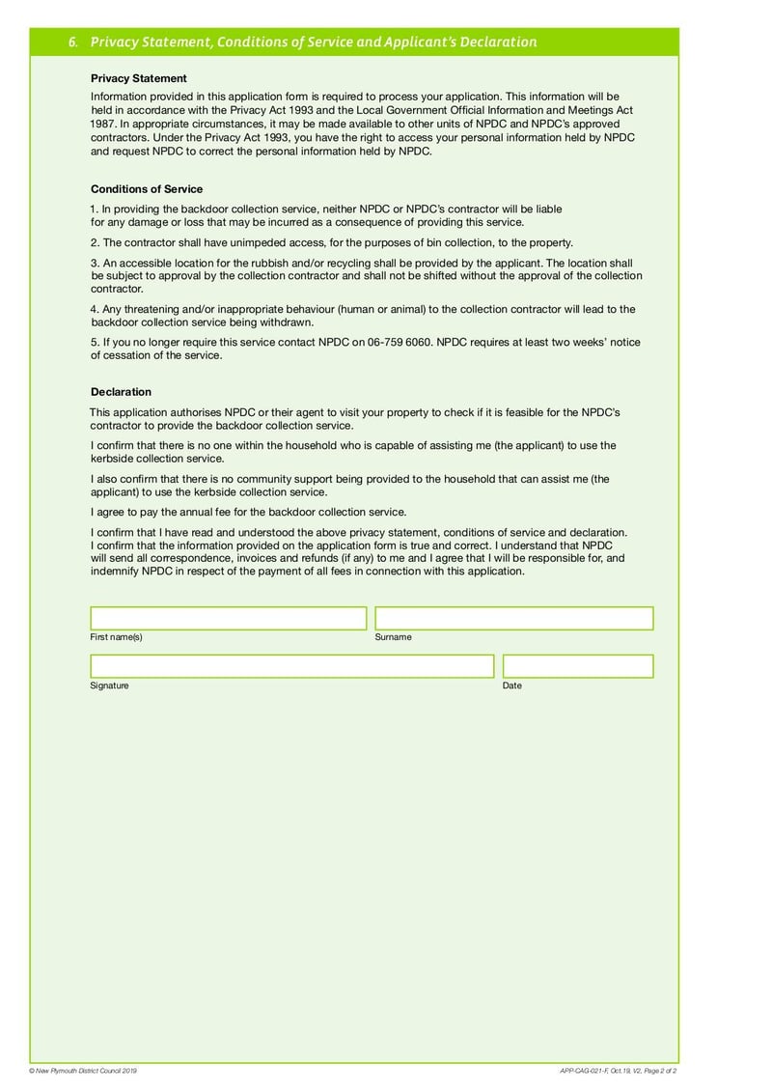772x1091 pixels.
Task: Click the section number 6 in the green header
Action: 73,42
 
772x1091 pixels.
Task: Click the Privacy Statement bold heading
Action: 139,78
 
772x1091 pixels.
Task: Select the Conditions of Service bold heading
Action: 147,189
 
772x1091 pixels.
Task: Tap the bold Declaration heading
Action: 121,392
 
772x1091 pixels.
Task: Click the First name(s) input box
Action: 229,618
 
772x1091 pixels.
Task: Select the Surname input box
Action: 513,618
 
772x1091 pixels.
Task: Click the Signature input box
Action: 291,666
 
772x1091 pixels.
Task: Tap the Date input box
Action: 578,666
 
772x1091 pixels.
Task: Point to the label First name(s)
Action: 117,637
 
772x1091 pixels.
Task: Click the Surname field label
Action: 393,637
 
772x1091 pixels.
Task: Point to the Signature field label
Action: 109,685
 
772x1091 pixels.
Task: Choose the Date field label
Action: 512,685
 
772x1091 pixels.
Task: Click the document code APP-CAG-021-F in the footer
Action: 583,1071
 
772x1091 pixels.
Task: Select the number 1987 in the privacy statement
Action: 103,125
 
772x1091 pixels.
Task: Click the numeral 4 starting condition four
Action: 94,309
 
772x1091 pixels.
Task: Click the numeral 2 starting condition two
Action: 94,242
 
